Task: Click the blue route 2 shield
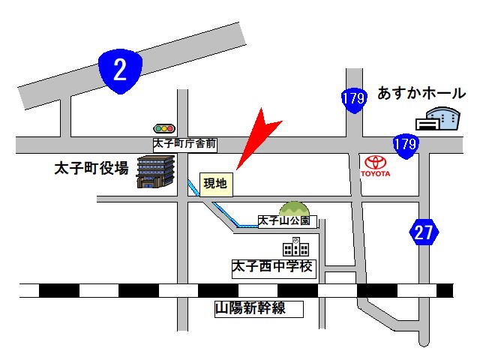tap(120, 71)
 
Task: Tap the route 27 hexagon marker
tap(424, 232)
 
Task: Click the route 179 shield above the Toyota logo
tap(405, 143)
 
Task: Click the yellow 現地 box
tap(217, 183)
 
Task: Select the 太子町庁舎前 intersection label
tap(185, 142)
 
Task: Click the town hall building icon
tap(155, 172)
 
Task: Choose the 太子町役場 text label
tap(91, 168)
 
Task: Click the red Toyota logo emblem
tap(375, 162)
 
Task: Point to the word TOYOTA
tap(375, 174)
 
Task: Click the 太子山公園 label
tap(288, 221)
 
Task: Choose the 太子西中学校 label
tap(273, 267)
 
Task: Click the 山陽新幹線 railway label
tap(250, 307)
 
